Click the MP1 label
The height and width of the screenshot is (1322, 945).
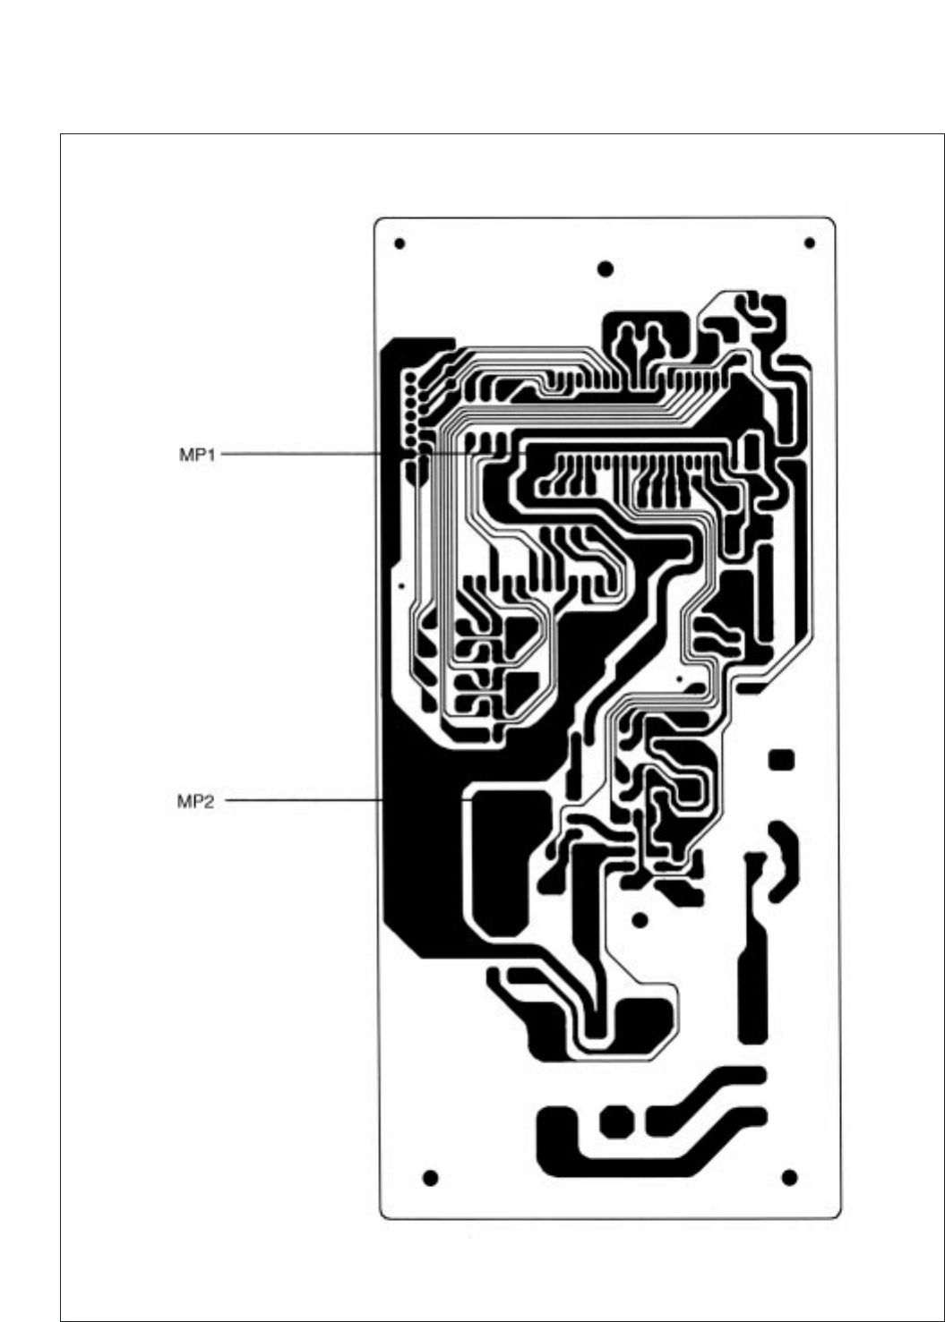197,455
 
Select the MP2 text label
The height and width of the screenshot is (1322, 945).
195,801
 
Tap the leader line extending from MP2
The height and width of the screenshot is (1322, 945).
300,799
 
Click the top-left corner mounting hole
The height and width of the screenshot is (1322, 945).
399,243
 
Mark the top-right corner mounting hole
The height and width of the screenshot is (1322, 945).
810,243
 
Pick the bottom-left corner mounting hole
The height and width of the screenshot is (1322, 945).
430,1177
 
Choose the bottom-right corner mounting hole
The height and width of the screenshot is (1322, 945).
789,1177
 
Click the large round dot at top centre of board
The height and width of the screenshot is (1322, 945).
606,269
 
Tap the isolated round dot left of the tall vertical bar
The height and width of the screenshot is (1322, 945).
640,920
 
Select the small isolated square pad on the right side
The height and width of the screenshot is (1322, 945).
782,760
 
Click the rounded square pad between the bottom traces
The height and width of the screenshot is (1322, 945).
615,1122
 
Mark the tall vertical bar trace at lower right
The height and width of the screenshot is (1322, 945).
752,976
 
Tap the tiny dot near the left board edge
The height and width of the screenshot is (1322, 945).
402,586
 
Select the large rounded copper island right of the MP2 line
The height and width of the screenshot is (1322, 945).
506,859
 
